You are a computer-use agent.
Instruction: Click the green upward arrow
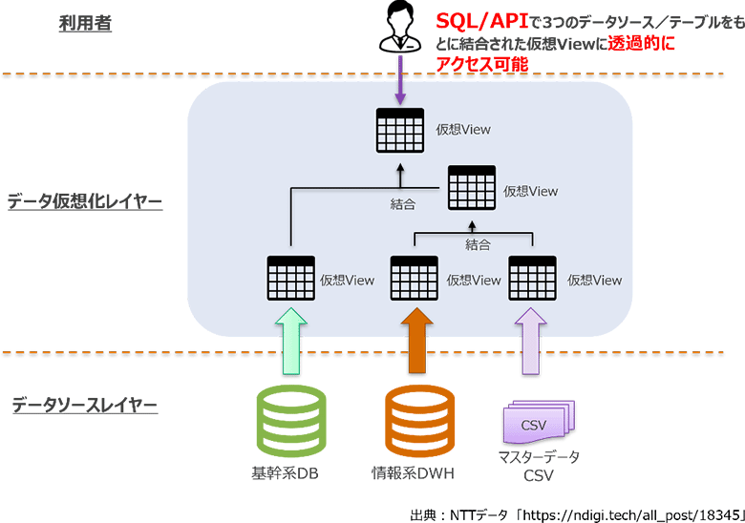tap(290, 340)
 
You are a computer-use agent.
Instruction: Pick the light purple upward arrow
tap(532, 340)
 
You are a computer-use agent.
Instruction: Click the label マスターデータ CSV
tap(539, 466)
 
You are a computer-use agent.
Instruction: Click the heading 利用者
tap(85, 23)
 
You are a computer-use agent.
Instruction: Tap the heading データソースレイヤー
tap(84, 406)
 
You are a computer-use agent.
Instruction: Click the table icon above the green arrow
tap(290, 279)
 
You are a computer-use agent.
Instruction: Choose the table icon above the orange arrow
tap(414, 279)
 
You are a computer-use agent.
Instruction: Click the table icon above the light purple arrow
tap(532, 279)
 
